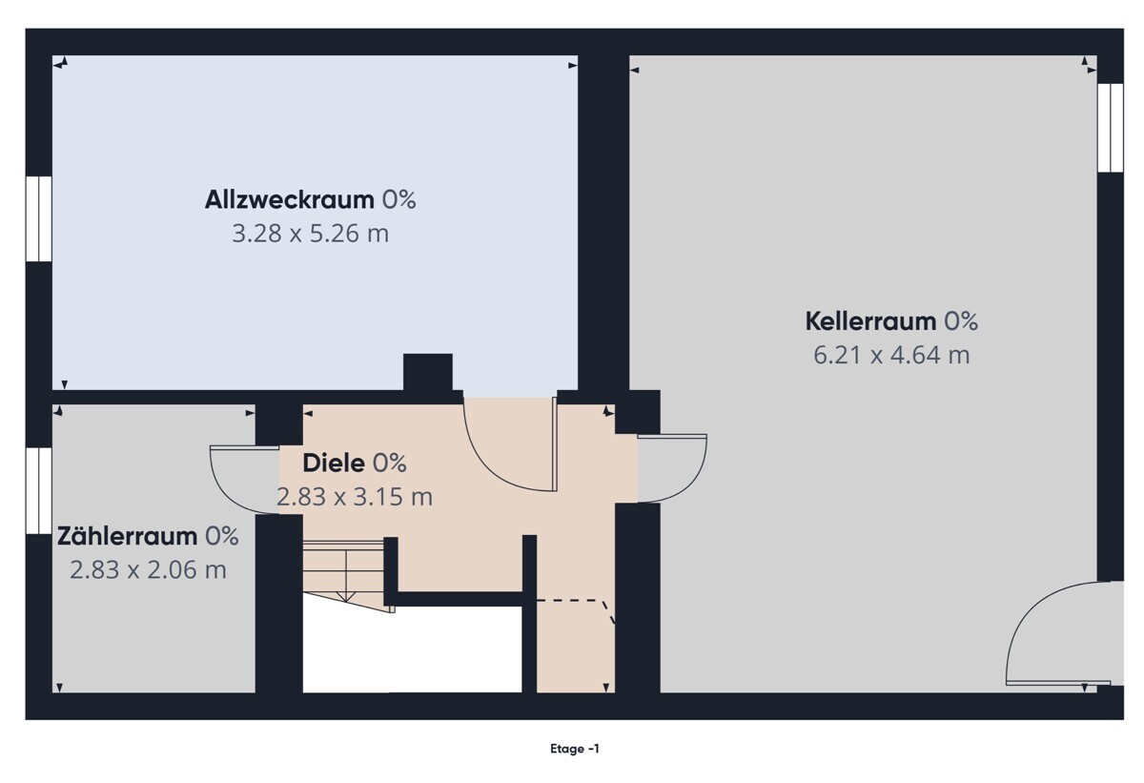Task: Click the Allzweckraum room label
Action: tap(290, 199)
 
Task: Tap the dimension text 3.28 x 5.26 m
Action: tap(311, 234)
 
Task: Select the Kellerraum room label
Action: tap(870, 321)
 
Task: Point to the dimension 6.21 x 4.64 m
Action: tap(891, 355)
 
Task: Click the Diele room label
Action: tap(334, 464)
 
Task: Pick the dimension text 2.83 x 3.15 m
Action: tap(355, 497)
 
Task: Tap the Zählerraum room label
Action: tap(127, 536)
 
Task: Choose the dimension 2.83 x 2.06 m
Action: tap(148, 570)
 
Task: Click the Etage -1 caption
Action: tap(575, 749)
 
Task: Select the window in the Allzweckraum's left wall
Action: tap(39, 218)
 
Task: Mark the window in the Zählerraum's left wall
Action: tap(39, 491)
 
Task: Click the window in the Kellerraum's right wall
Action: tap(1111, 128)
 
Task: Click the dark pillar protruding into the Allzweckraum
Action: tap(428, 372)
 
